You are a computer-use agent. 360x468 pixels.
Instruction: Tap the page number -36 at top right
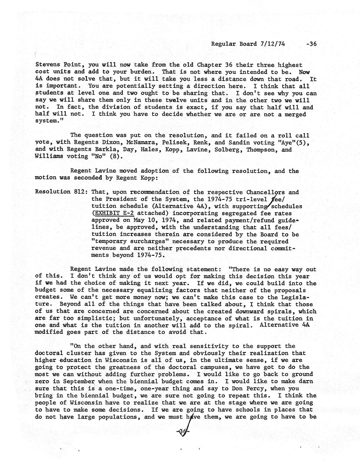click(311, 44)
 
